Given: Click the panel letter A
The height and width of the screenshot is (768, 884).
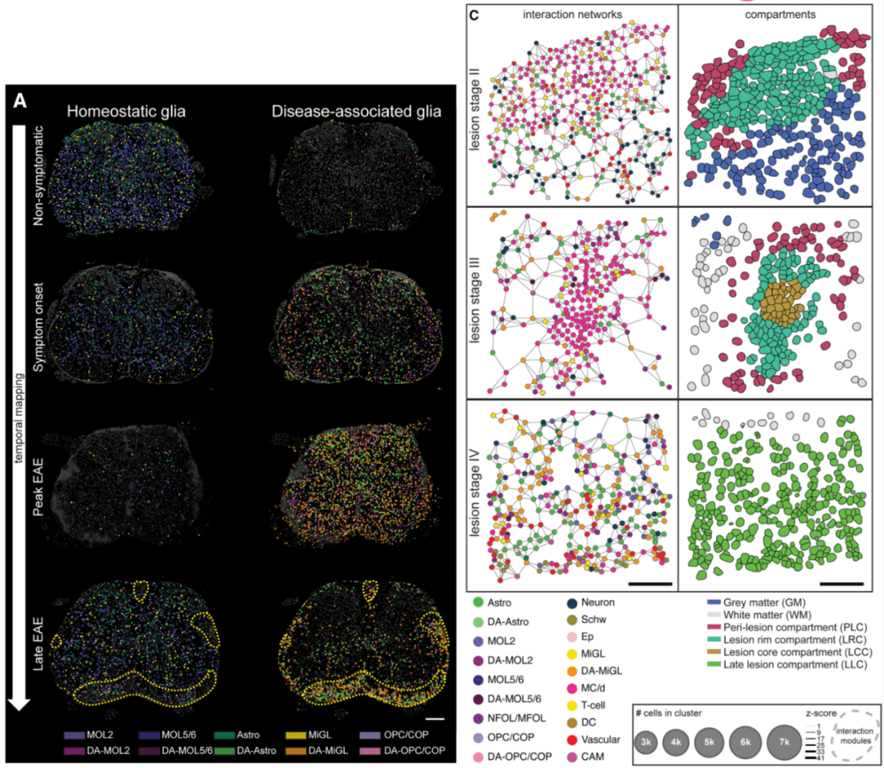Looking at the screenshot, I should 21,101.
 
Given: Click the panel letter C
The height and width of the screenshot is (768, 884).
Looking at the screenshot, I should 473,14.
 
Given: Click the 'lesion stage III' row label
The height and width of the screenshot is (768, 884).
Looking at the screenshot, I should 476,299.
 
